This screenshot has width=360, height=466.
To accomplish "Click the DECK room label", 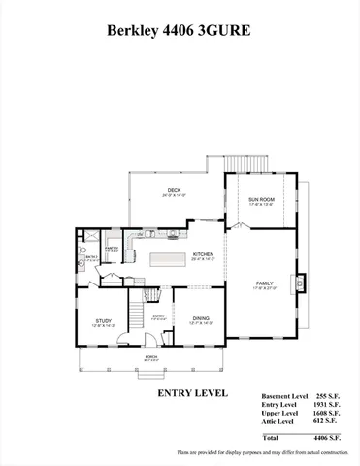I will click(174, 190).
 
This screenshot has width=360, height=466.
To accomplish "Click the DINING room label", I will click(200, 319).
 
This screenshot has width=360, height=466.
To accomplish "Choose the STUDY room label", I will click(103, 321).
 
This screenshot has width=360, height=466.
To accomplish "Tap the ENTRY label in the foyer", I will click(160, 316).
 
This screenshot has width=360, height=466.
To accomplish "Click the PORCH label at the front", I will click(151, 357).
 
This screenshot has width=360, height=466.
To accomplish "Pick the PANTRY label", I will click(112, 249).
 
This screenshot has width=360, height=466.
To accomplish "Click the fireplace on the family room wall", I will click(303, 283).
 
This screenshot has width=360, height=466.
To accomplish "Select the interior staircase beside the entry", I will click(150, 295).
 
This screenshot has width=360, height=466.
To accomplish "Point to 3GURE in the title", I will click(228, 30).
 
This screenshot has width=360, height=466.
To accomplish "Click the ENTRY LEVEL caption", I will click(192, 393).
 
